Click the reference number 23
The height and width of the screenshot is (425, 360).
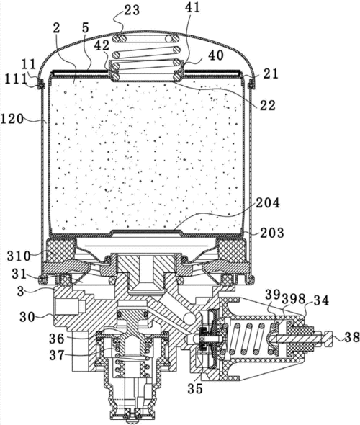point(132,10)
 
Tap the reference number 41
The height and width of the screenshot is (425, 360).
point(192,7)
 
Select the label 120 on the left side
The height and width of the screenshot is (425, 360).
point(12,119)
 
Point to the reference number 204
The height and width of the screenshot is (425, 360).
point(268,202)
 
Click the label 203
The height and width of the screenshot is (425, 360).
point(272,233)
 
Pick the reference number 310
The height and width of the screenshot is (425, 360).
point(19,256)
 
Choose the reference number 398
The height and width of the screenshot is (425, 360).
point(294,299)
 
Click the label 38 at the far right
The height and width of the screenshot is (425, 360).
point(351,338)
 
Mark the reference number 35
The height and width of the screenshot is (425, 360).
point(195,388)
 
